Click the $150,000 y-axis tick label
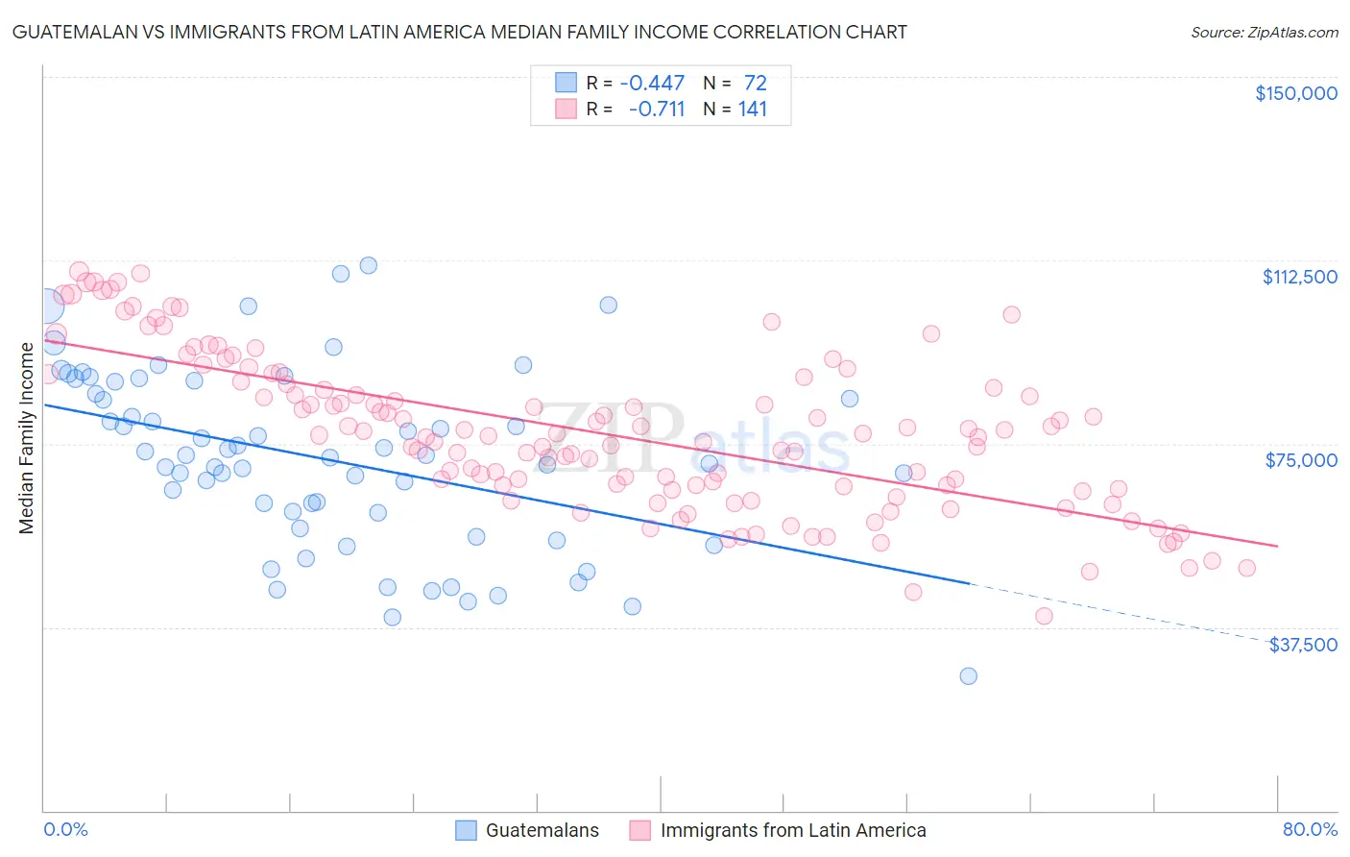(x=1295, y=93)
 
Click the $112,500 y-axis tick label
(x=1299, y=277)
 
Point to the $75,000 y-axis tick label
(x=1301, y=460)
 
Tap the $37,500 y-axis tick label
(x=1302, y=645)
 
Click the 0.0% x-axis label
(x=65, y=829)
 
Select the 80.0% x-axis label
(x=1310, y=829)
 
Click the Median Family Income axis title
(x=26, y=437)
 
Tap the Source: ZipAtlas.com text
(x=1264, y=32)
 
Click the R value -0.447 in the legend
(x=652, y=83)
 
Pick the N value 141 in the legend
(x=752, y=109)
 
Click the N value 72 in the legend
(x=755, y=83)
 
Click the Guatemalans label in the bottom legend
(x=542, y=830)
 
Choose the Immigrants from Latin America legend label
(x=793, y=830)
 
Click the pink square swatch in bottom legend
(x=639, y=830)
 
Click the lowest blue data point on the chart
(x=968, y=676)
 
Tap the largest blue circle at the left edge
(x=45, y=306)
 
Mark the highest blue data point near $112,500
(x=368, y=265)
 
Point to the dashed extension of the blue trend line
(x=1123, y=612)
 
